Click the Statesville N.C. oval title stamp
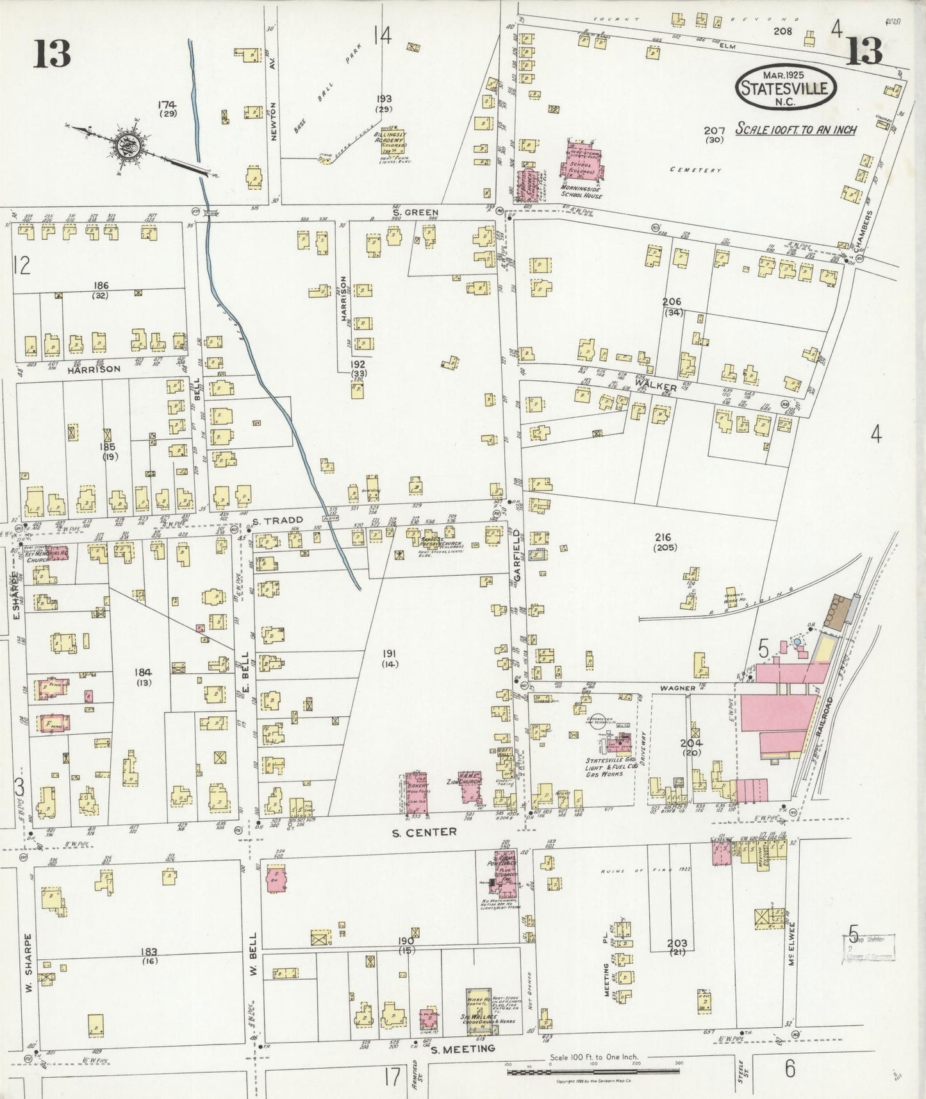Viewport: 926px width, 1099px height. click(x=787, y=86)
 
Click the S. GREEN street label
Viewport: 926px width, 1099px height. click(x=416, y=212)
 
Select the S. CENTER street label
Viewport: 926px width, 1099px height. click(x=425, y=831)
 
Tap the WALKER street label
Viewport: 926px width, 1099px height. click(x=656, y=388)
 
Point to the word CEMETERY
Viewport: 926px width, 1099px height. click(x=695, y=170)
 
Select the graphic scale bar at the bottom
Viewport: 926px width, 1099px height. click(x=593, y=1071)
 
